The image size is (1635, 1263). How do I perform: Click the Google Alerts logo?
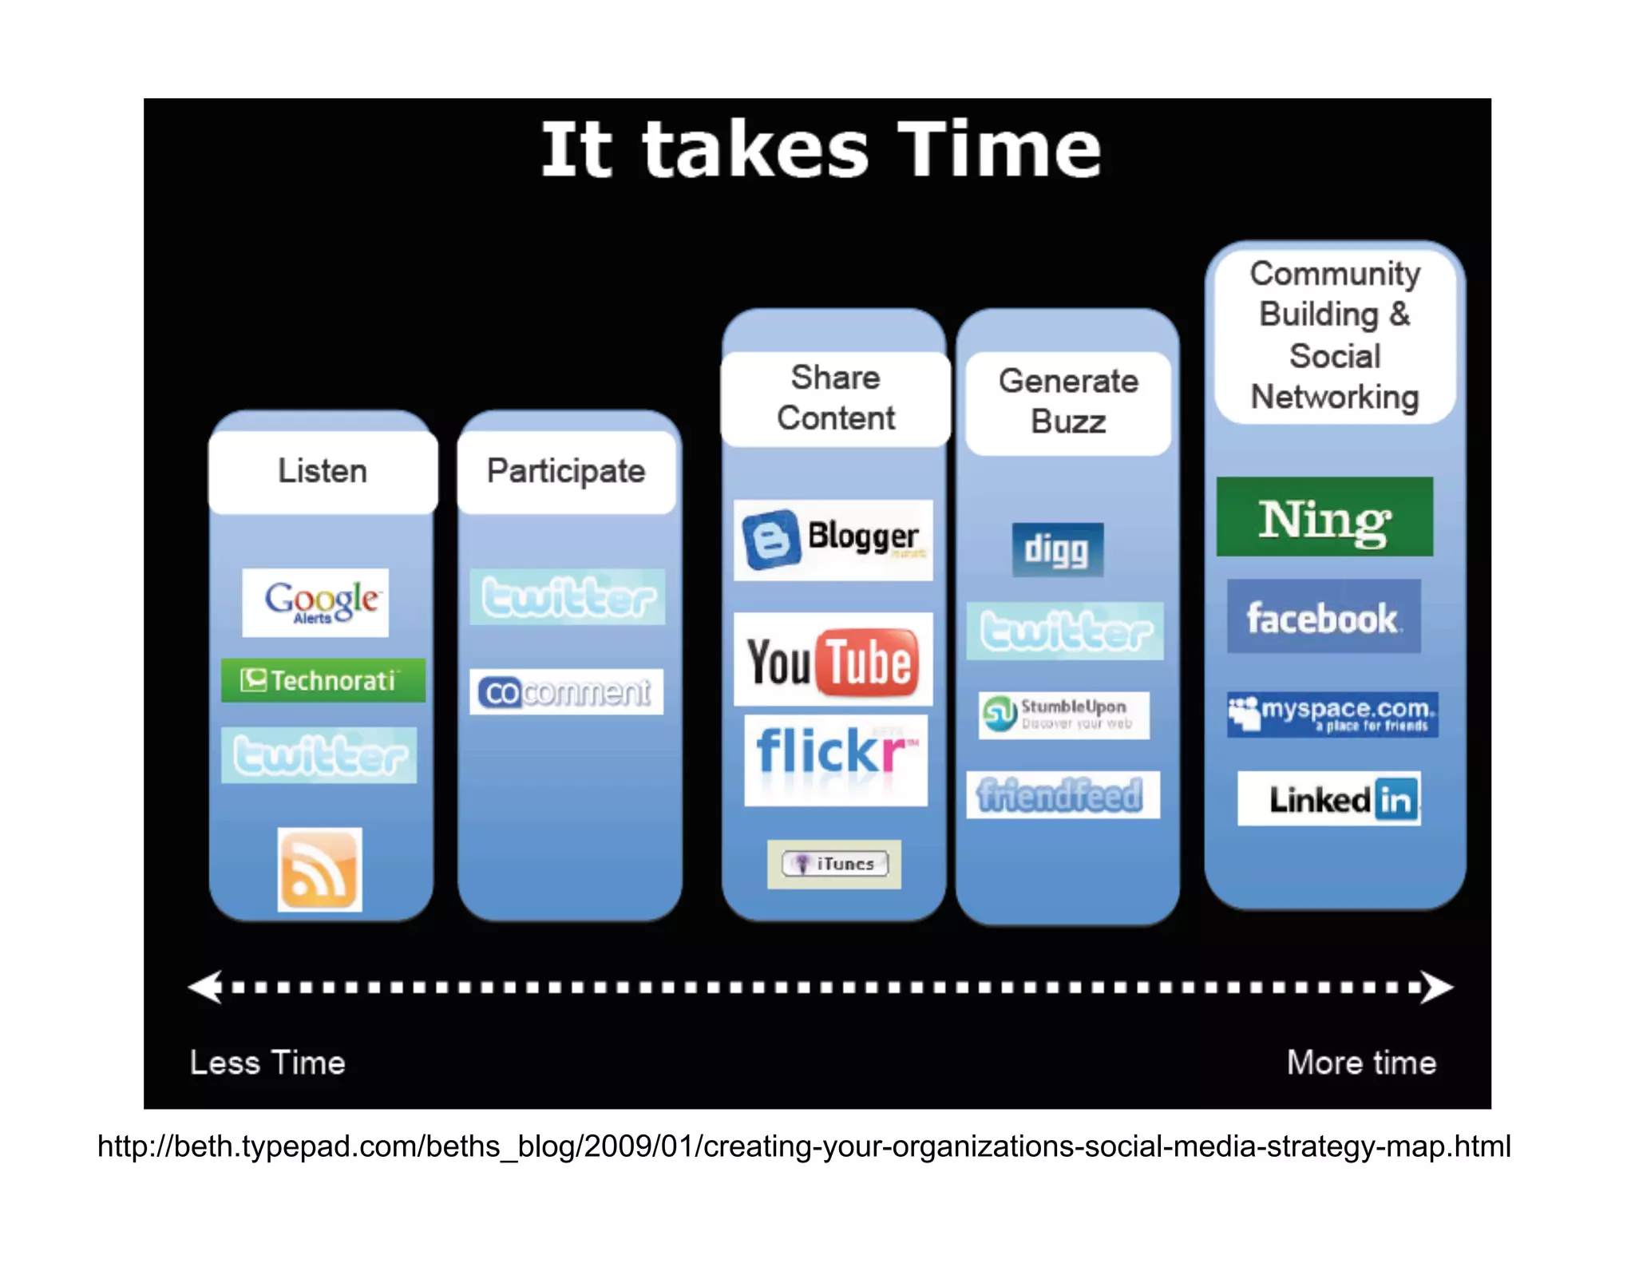315,602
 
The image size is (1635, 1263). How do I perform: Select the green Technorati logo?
323,680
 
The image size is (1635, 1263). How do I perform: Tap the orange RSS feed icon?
319,869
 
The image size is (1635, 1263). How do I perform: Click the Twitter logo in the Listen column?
319,755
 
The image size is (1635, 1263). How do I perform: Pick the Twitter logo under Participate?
568,596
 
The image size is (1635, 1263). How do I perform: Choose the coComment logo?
566,691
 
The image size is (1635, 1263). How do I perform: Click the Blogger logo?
833,540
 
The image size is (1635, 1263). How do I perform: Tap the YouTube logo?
833,659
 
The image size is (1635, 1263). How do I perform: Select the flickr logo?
835,759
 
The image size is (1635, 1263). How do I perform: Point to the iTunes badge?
834,864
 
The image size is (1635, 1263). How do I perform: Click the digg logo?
1057,549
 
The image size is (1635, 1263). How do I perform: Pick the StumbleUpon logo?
1063,715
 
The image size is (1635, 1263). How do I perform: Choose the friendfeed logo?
1063,794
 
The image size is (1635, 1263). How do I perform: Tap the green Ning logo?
1324,517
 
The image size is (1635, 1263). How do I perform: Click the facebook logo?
1324,616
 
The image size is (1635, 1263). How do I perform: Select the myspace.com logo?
1332,714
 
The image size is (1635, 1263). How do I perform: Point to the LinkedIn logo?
1329,798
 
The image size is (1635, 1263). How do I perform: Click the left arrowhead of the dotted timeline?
206,988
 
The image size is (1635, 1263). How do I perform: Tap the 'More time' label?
1361,1063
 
